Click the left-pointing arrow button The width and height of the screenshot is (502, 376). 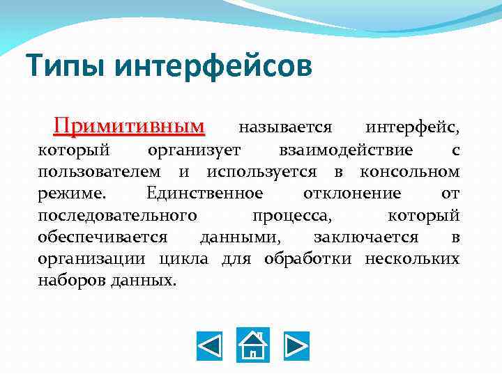pos(208,345)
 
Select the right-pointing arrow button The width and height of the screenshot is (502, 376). pos(296,345)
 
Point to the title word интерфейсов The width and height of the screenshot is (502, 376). pos(212,68)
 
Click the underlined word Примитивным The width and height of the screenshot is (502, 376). pos(130,127)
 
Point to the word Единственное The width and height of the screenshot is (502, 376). pos(205,194)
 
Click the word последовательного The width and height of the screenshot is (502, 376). pos(117,215)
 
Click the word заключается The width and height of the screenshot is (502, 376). pos(365,237)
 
